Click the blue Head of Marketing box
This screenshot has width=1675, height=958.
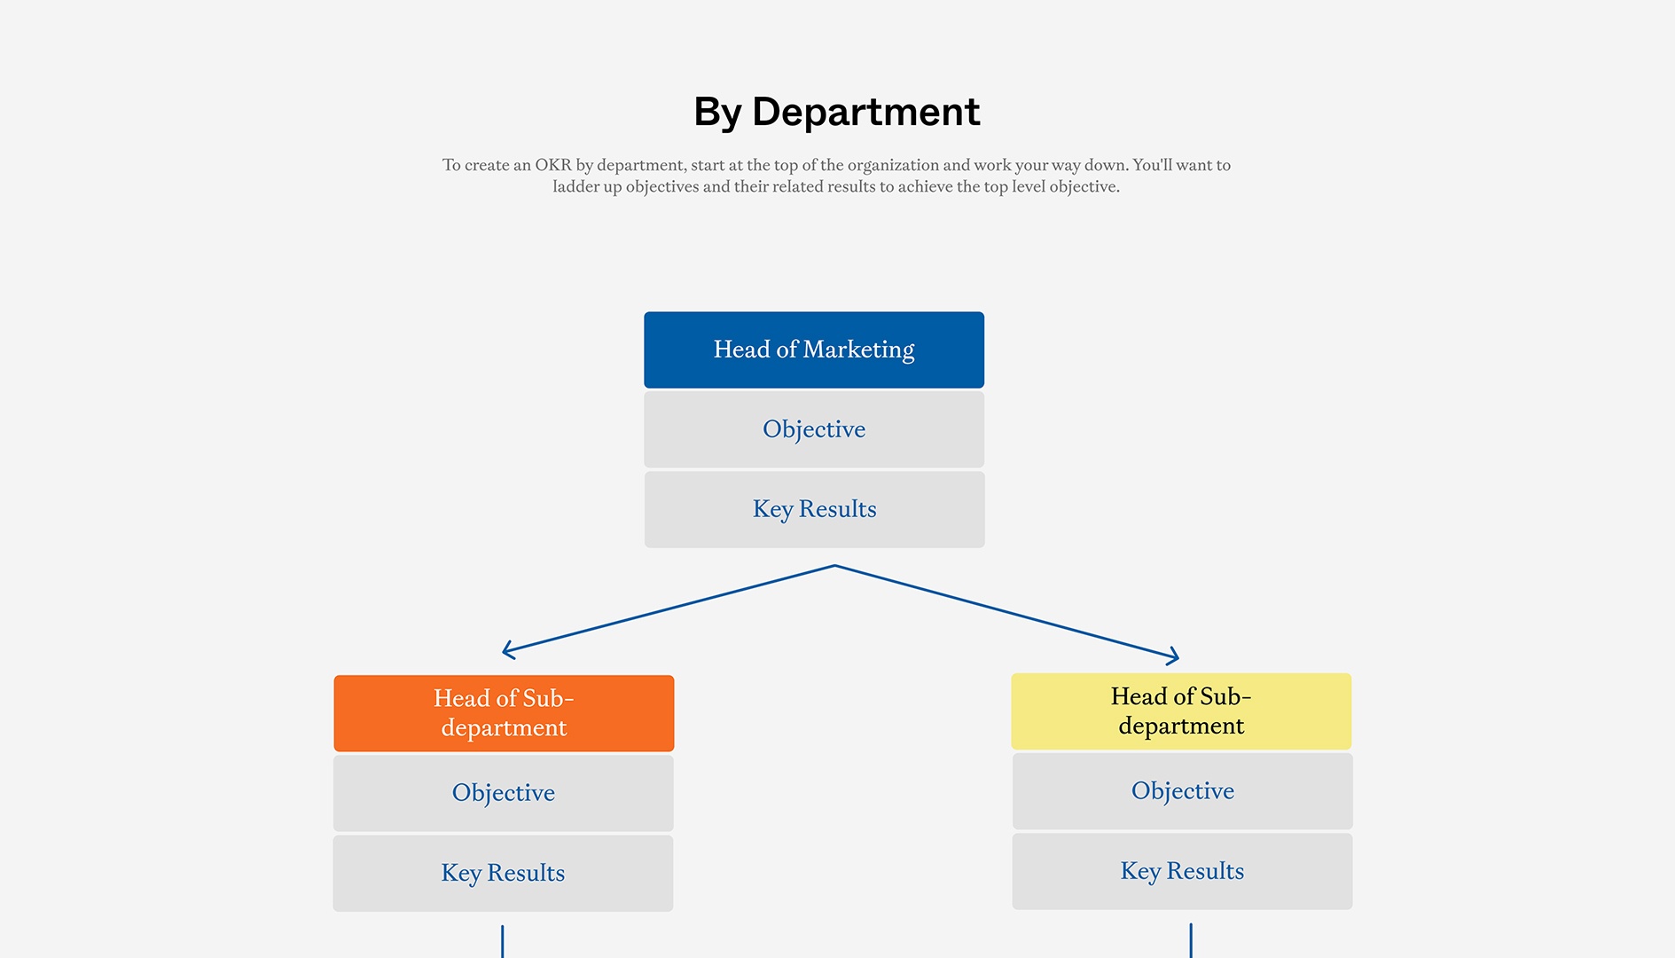[x=813, y=349]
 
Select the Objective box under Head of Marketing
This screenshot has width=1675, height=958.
[x=813, y=429]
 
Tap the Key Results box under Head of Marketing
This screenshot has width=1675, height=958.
[x=813, y=509]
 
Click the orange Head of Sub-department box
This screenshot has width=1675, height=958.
[x=504, y=713]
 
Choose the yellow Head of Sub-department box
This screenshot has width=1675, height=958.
[x=1181, y=711]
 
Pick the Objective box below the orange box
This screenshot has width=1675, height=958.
[x=503, y=793]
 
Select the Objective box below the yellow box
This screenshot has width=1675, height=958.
[x=1182, y=791]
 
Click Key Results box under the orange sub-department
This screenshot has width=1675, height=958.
[x=503, y=873]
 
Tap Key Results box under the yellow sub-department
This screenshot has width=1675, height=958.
[x=1182, y=871]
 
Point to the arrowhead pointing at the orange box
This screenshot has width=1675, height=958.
[x=506, y=650]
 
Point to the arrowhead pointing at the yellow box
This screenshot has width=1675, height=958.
[x=1175, y=657]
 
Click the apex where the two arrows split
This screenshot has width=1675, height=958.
[x=834, y=566]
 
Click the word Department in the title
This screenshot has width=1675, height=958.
[x=865, y=113]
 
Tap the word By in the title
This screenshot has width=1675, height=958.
[x=716, y=113]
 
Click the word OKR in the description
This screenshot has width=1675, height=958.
[x=552, y=165]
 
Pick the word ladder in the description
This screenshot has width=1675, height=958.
[x=576, y=187]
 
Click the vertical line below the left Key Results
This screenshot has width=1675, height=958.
[x=502, y=941]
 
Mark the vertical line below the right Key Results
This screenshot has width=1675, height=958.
[x=1190, y=940]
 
